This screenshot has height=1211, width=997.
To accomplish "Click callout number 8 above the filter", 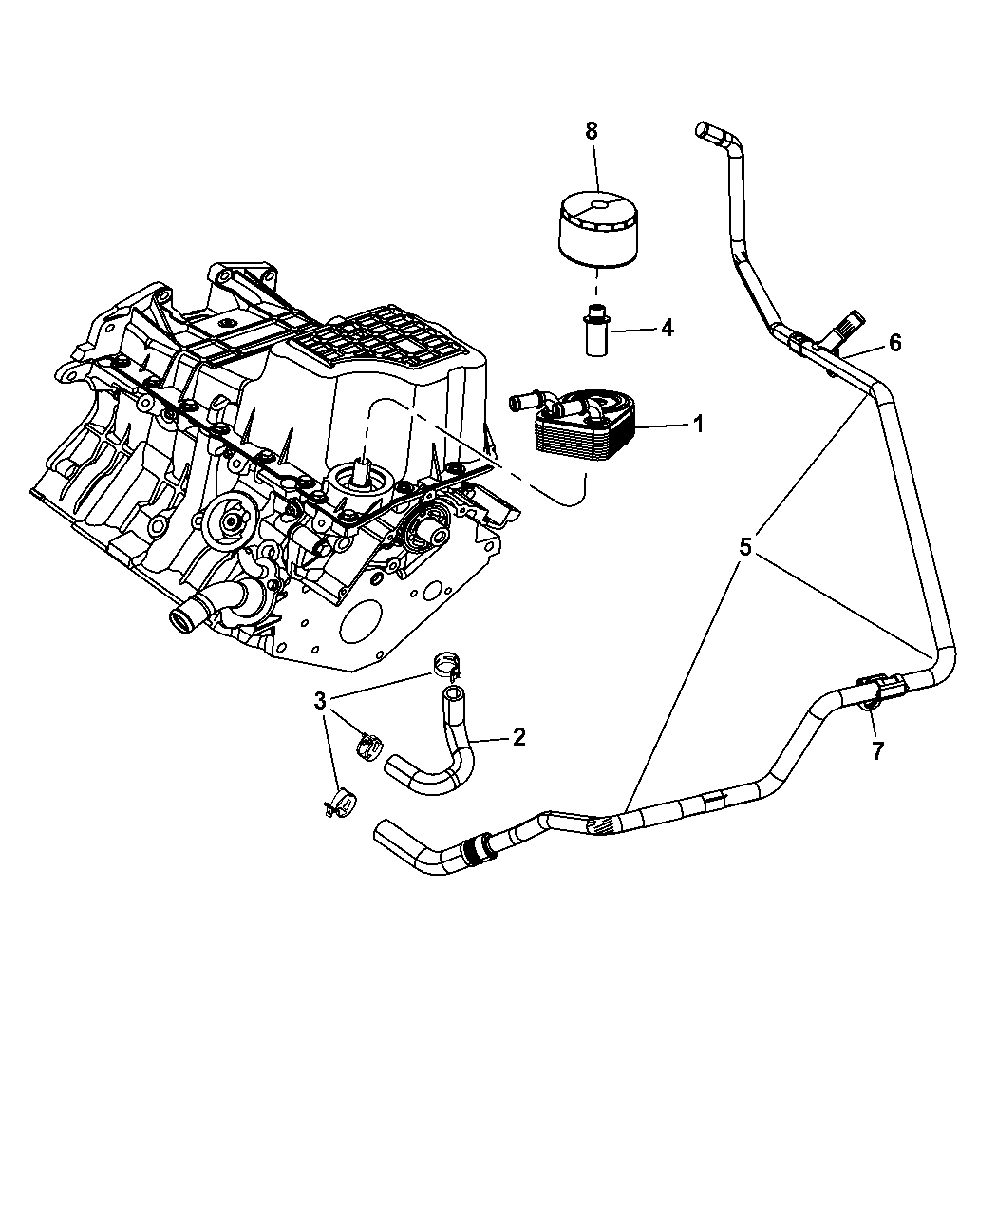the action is [x=591, y=131].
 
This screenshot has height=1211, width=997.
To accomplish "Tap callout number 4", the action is [x=667, y=329].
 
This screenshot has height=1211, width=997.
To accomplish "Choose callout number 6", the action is [x=894, y=343].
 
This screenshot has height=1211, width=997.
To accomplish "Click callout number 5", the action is [x=745, y=546].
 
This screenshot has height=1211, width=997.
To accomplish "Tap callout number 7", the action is [x=877, y=751].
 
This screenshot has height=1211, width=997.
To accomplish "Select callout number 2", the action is [x=517, y=737].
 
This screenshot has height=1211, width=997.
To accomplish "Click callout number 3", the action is [x=320, y=701].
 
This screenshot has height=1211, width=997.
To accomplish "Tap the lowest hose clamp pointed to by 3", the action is [x=341, y=804].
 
